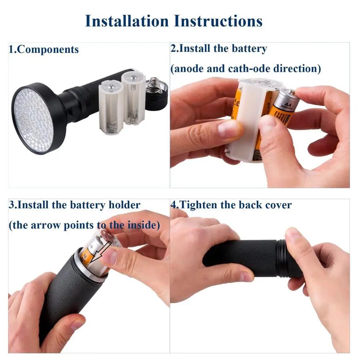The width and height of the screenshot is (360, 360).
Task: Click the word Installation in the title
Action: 127,21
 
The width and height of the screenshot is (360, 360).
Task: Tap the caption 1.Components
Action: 44,49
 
